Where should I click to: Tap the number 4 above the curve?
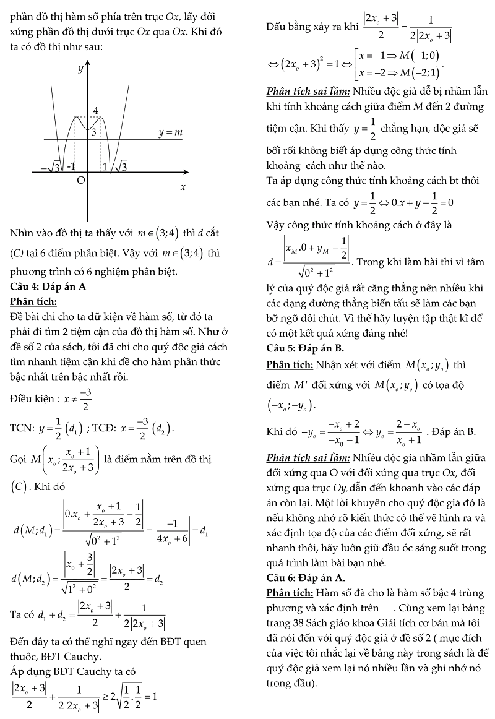[96, 111]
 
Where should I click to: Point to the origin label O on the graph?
[80, 180]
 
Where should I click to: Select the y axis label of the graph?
[80, 69]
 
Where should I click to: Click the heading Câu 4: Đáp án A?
[48, 287]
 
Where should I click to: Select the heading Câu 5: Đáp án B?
[302, 347]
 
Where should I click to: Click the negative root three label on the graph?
[49, 166]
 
